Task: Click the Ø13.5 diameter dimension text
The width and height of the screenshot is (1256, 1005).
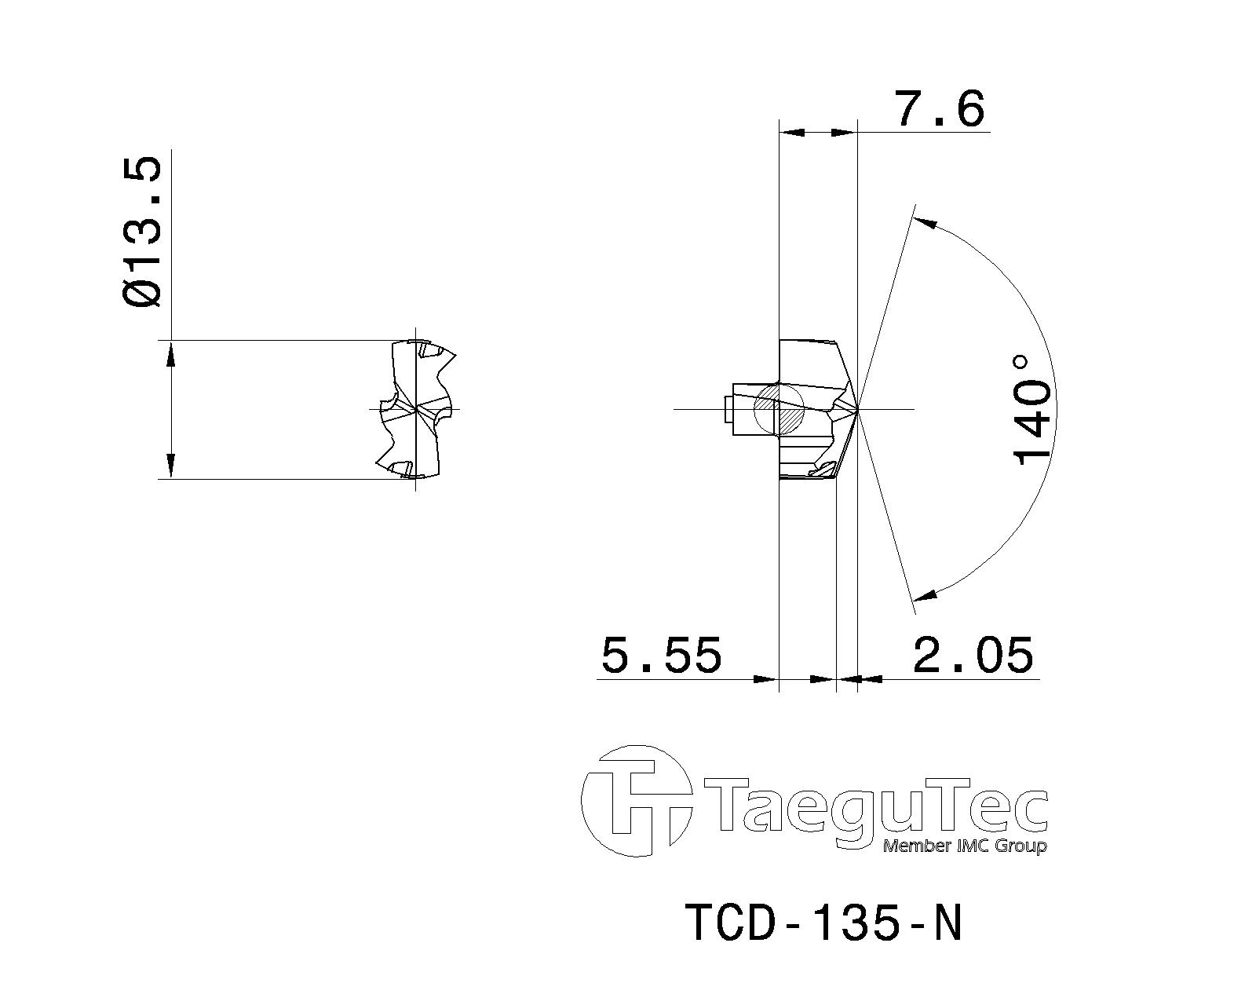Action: coord(142,232)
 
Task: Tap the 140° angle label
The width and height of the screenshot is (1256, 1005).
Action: coord(1033,409)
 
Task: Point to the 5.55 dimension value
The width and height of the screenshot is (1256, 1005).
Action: coord(661,654)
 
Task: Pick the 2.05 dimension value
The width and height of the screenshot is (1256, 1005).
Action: coord(973,654)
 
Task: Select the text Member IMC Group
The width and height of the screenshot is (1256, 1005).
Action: coord(965,846)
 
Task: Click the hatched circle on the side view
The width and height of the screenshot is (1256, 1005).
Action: coord(780,409)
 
